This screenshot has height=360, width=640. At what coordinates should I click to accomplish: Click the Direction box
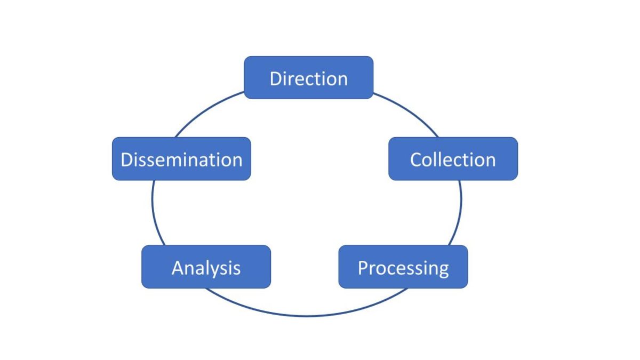tap(308, 78)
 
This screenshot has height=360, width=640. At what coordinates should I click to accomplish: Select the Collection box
tap(453, 159)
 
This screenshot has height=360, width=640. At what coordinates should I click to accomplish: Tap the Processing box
tap(403, 267)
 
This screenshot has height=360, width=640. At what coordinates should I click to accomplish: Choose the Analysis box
tap(206, 267)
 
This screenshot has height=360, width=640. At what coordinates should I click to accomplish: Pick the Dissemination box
tap(181, 159)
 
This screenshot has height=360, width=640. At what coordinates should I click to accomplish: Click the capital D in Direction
tap(276, 78)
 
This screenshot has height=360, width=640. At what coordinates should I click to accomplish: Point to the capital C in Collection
tap(416, 159)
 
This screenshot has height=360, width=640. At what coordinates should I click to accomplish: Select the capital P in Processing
tap(363, 267)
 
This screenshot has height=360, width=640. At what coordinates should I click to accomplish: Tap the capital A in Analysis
tap(178, 267)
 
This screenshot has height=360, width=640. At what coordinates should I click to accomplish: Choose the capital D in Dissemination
tap(127, 159)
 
